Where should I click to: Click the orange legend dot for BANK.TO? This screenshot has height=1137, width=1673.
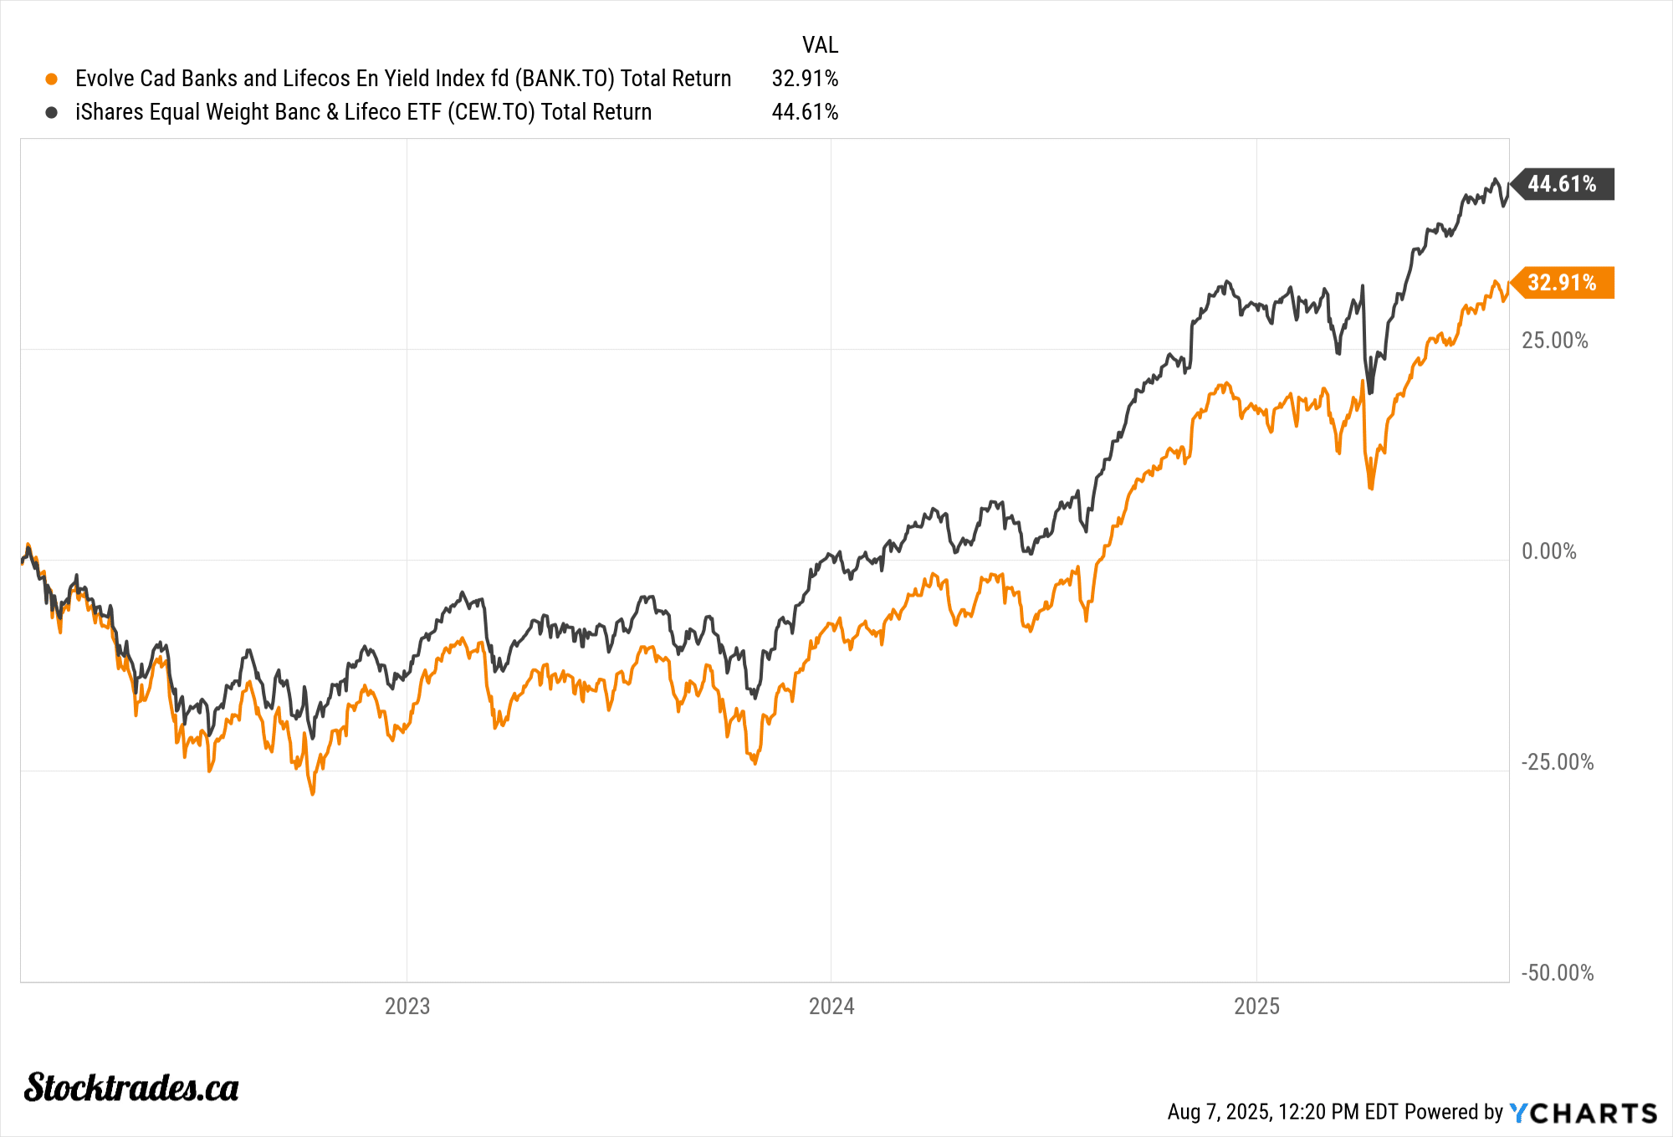click(52, 79)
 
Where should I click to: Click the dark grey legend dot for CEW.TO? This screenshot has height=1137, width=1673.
click(52, 112)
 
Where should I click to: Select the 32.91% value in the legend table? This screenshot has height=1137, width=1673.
click(804, 79)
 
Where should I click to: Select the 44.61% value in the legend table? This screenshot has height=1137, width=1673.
click(804, 112)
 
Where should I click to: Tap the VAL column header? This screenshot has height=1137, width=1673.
click(820, 45)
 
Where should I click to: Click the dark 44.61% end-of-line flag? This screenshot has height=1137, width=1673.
click(1562, 184)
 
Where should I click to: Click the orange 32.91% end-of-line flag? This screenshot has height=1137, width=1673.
click(1562, 283)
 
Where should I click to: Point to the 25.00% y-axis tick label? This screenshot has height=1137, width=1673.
click(1554, 341)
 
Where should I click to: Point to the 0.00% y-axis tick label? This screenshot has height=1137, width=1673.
click(1548, 551)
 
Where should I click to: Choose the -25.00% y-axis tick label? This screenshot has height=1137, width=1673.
click(1557, 762)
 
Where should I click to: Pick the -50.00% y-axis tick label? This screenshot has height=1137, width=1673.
click(1557, 973)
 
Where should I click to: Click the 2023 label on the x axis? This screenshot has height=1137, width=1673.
click(407, 1006)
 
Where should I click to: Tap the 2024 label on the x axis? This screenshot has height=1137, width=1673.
click(831, 1006)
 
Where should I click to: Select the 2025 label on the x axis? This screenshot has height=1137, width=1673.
click(1256, 1006)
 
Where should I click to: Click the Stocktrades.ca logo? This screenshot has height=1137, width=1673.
click(131, 1088)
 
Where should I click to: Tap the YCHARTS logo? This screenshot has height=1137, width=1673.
click(1583, 1113)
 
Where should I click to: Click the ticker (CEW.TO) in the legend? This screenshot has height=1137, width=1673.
click(490, 112)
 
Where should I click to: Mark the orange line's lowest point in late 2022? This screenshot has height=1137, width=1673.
click(313, 793)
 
